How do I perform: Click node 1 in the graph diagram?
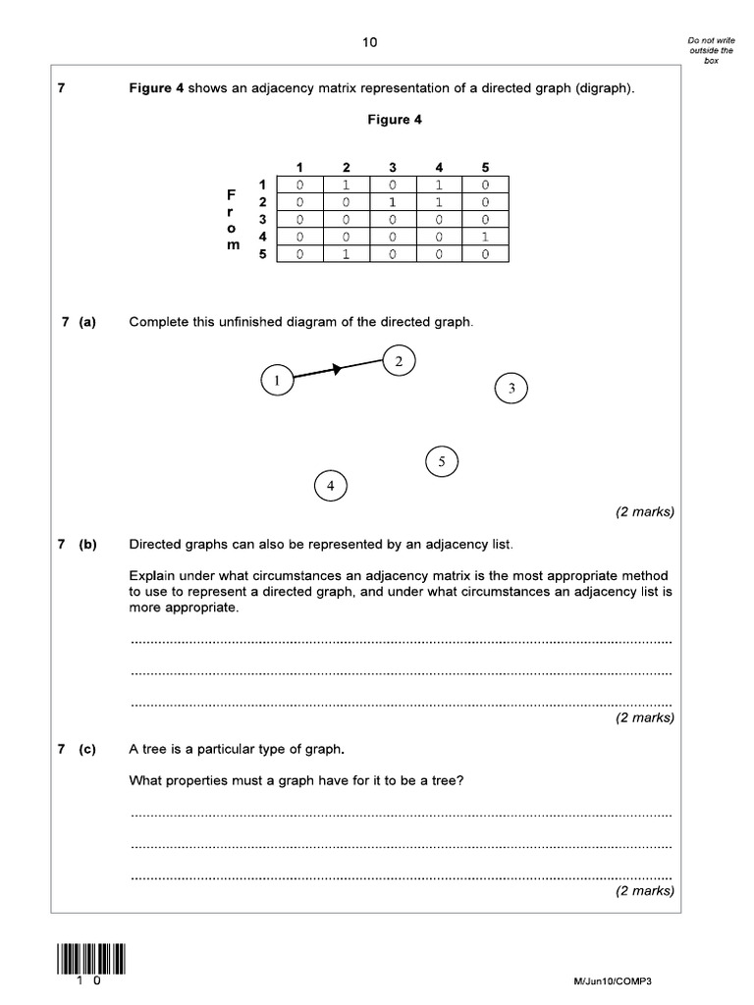point(278,380)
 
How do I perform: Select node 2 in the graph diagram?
point(399,361)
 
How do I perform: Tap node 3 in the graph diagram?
point(512,389)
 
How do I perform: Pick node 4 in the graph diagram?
point(331,486)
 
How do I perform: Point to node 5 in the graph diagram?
point(442,460)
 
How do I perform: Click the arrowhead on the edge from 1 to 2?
point(336,369)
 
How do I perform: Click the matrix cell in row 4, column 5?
point(485,237)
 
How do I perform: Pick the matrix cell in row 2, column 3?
point(392,202)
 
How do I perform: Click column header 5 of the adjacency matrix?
point(485,168)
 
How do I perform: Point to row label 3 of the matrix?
point(262,219)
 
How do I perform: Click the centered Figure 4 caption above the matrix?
point(389,120)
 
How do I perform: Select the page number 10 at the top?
point(369,42)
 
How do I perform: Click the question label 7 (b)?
point(78,545)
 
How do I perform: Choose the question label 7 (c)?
point(78,750)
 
